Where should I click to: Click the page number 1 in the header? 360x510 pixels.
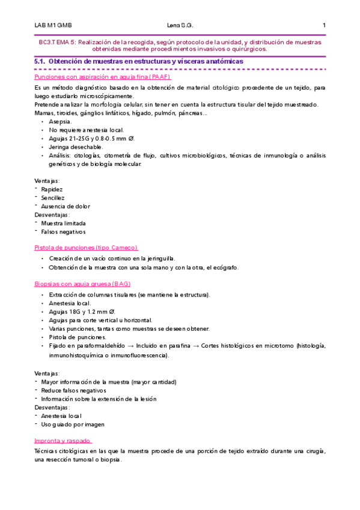(x=324, y=25)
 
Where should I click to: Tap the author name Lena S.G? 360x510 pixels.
(x=180, y=25)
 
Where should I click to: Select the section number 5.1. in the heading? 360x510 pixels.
(x=41, y=62)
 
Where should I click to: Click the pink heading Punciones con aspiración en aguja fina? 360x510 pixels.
(x=103, y=78)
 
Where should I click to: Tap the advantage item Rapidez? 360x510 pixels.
(x=52, y=189)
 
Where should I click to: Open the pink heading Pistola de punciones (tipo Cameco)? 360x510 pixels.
(x=86, y=247)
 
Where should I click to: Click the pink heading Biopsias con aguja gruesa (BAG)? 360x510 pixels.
(x=82, y=283)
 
